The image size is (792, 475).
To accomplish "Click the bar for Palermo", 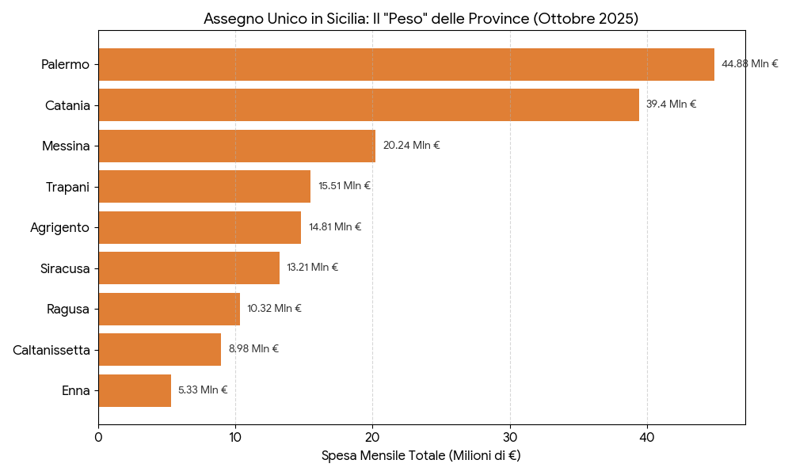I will click(406, 64).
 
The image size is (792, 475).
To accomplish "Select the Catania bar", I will click(368, 105).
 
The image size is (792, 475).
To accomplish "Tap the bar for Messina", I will click(237, 146).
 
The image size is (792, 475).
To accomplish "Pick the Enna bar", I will click(135, 390).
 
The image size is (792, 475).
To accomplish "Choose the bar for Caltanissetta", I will click(159, 349).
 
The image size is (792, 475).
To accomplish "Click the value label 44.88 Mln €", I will click(749, 64).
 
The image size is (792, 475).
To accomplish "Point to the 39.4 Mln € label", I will click(671, 104).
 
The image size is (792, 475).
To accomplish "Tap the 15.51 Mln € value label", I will click(344, 186).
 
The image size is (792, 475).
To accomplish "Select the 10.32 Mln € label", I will click(274, 309).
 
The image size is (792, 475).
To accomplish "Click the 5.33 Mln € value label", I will click(202, 390).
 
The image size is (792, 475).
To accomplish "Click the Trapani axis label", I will click(67, 187).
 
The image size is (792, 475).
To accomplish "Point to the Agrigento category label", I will click(59, 228).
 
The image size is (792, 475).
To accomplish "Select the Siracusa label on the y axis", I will click(65, 268).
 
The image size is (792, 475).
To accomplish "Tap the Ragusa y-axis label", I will click(68, 310).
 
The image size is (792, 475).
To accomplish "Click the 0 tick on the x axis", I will click(98, 436).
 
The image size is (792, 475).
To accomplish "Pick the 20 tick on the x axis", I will click(372, 436).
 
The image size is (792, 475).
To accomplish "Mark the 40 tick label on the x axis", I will click(647, 436).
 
